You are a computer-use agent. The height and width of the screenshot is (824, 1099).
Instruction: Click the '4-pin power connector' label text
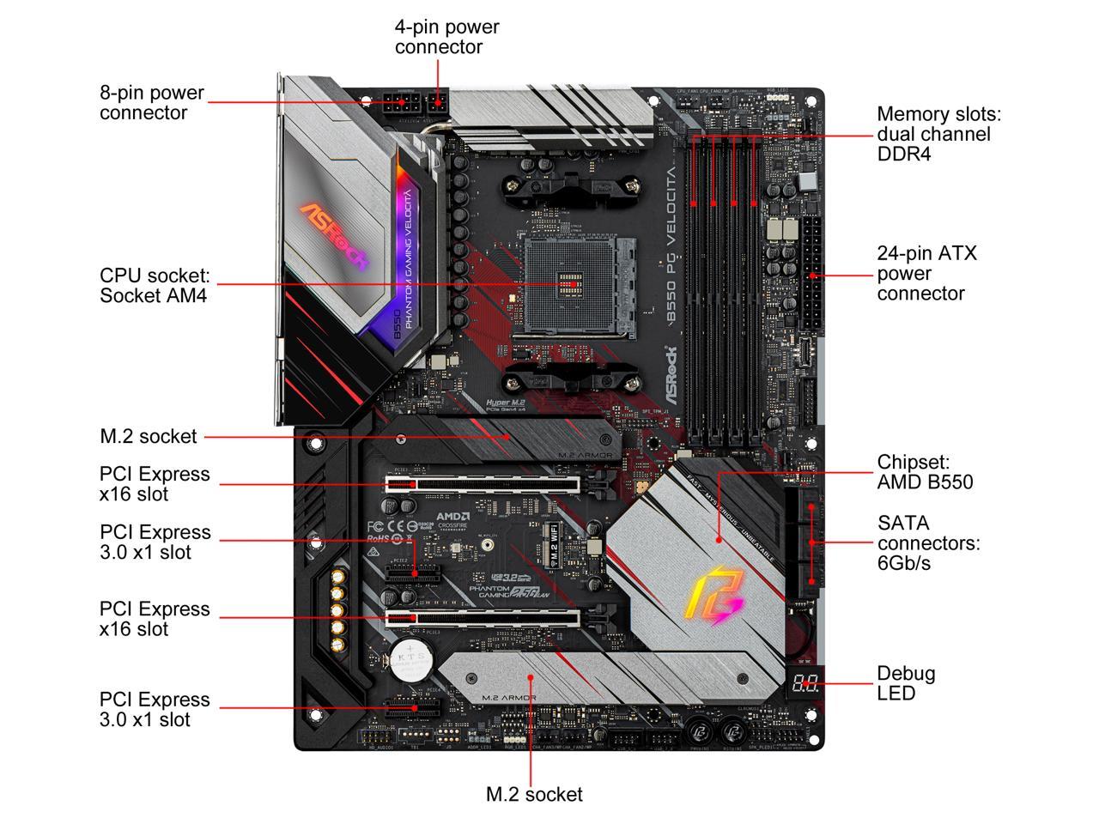[x=446, y=37]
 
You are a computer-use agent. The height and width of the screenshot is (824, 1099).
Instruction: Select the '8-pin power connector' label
[x=152, y=103]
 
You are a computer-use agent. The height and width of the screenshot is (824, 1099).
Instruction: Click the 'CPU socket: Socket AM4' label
[x=155, y=286]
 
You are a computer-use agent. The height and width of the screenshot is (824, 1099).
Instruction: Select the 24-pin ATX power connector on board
[x=811, y=276]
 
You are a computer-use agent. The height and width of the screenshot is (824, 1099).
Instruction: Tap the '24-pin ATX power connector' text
[x=926, y=273]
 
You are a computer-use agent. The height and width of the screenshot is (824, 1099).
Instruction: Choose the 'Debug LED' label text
[x=906, y=683]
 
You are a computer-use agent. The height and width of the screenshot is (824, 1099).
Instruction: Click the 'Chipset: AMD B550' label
[x=925, y=472]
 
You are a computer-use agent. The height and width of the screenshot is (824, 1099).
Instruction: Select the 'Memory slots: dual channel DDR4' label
[x=938, y=134]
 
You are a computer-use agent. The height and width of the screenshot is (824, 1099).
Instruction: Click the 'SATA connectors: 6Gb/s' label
[x=928, y=542]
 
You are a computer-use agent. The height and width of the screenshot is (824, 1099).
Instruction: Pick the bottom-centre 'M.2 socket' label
[x=534, y=795]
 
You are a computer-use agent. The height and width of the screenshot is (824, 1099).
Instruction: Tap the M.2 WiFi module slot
[x=555, y=546]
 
